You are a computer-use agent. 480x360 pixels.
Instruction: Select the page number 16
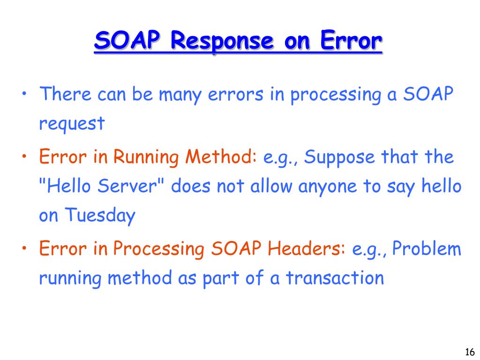point(470,352)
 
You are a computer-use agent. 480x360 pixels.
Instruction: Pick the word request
point(72,125)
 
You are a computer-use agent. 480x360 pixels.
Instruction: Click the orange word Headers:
point(306,249)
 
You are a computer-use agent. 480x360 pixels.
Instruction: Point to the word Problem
point(427,249)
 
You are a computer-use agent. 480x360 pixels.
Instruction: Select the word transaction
point(335,278)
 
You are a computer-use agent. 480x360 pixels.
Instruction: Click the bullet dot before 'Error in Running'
point(23,156)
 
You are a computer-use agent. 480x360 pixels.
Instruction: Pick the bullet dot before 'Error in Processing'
point(23,248)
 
